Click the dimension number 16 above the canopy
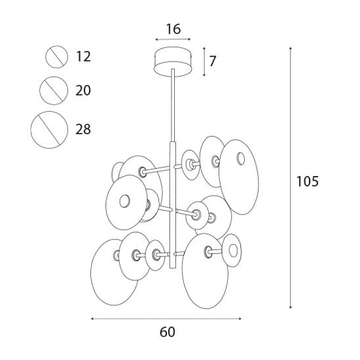coord(173,29)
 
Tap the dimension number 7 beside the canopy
coord(213,61)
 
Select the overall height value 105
coord(308,181)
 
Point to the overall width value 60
coord(168,332)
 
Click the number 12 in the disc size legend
coord(83,56)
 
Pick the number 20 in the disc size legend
coord(83,90)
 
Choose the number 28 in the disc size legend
coord(83,129)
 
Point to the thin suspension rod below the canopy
coord(173,105)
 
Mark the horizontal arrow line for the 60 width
coord(166,319)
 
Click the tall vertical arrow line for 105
coord(291,177)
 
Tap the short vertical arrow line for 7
coord(204,62)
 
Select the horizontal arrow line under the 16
coord(173,39)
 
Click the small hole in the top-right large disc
coord(241,158)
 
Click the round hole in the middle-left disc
coord(124,201)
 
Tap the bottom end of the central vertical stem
coord(173,268)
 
